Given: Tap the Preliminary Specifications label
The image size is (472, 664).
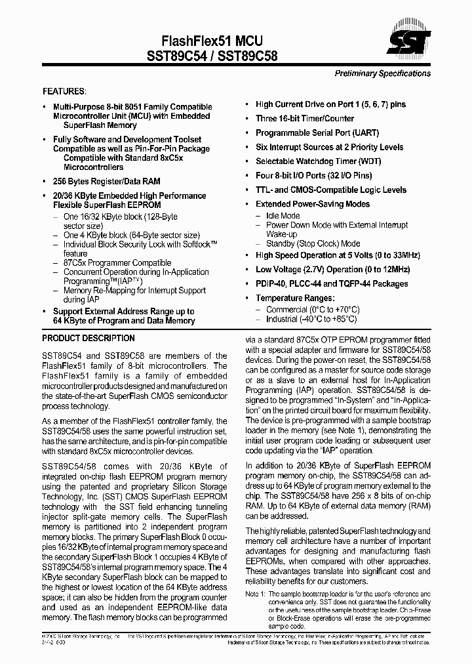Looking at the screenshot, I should click(x=382, y=73).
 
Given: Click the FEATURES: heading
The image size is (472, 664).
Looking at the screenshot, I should click(x=64, y=91).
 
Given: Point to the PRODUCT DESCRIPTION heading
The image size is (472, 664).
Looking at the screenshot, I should click(x=88, y=339).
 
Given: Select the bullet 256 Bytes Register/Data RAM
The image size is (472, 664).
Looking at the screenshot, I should click(x=106, y=181).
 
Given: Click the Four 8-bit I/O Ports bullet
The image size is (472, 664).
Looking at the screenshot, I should click(x=313, y=176).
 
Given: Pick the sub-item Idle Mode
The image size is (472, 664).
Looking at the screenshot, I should click(x=283, y=216).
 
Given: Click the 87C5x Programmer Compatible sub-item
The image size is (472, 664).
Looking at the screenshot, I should click(x=117, y=262).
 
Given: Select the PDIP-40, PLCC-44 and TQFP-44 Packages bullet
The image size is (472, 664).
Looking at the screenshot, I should click(x=331, y=283).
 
